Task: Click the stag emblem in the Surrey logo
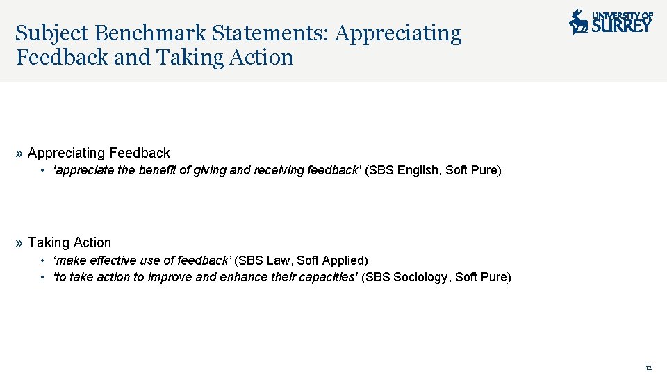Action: [x=578, y=22]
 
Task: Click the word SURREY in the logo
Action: [x=622, y=26]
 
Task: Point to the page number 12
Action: [x=648, y=367]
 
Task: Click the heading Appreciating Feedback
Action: [x=99, y=153]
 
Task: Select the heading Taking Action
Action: [x=69, y=242]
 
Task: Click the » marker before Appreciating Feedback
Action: [x=19, y=153]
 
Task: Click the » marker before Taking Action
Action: [x=19, y=242]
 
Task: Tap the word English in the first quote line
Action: [x=419, y=170]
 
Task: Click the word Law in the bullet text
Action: [x=279, y=260]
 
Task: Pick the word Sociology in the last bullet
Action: [x=422, y=277]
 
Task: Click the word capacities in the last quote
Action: [x=329, y=277]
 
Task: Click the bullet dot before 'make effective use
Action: [x=43, y=260]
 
